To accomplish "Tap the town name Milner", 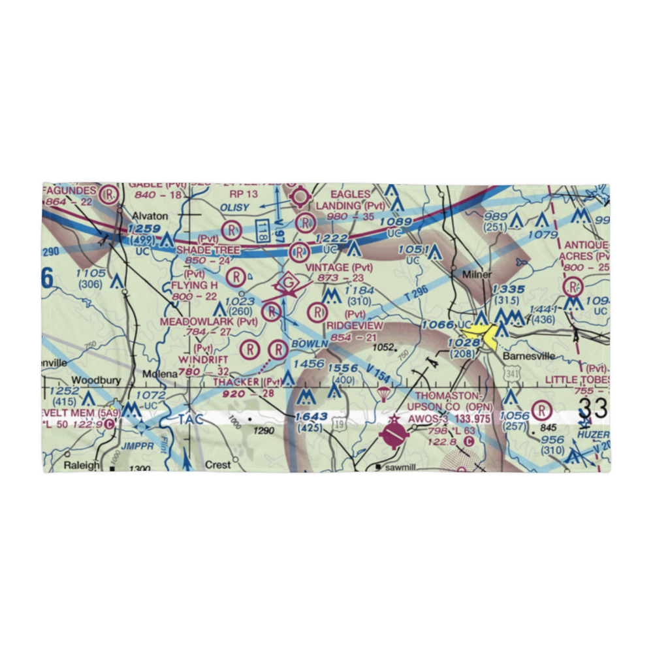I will point(477,275).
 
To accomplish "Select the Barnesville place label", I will point(529,357).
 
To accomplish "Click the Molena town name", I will point(160,374).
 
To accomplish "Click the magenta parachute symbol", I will point(383,393).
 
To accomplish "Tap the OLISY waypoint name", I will point(234,206).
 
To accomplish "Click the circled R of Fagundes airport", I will point(109,193).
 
